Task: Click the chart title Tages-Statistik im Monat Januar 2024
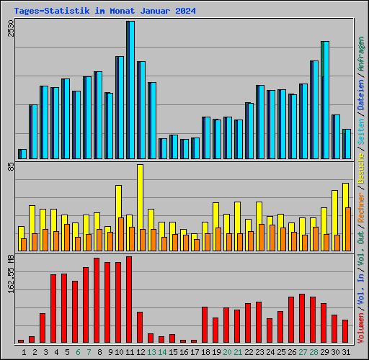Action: pos(105,12)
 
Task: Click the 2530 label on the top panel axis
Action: pos(10,30)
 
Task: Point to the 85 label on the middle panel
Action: pos(10,168)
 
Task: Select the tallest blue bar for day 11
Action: pos(131,90)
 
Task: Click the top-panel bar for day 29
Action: pos(325,99)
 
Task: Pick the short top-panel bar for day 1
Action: pos(22,153)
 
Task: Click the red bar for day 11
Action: pos(129,299)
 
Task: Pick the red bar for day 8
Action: pos(97,300)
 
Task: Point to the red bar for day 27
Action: pos(302,318)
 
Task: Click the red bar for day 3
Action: pos(43,328)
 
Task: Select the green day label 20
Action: pos(227,352)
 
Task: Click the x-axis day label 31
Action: pos(346,352)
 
